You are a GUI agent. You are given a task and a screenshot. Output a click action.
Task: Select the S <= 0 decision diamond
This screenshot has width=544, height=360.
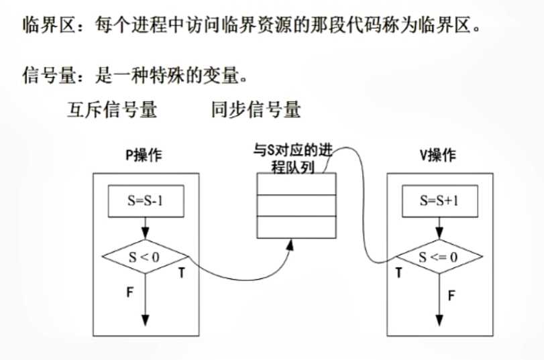tap(440, 257)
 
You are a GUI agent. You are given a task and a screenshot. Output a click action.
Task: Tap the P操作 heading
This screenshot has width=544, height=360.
tap(144, 156)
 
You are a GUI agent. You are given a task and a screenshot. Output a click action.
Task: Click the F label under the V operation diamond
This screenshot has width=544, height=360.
tap(451, 294)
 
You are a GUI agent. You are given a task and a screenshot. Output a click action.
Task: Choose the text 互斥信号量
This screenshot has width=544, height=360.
tap(112, 110)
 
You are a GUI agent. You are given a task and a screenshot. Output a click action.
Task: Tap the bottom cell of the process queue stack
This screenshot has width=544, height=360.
tap(296, 227)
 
